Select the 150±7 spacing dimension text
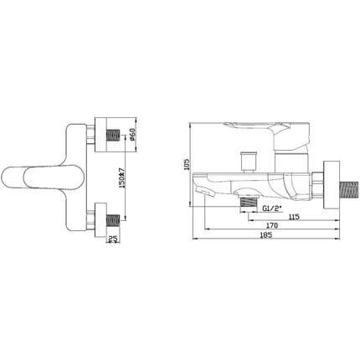[x=121, y=177]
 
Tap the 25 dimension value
[x=113, y=239]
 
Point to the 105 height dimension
[x=187, y=164]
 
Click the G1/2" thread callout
[x=272, y=208]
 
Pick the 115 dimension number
[x=294, y=216]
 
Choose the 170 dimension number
[x=272, y=225]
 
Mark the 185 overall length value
[x=266, y=235]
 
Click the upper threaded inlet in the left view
[x=113, y=135]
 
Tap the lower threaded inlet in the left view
[x=113, y=219]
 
